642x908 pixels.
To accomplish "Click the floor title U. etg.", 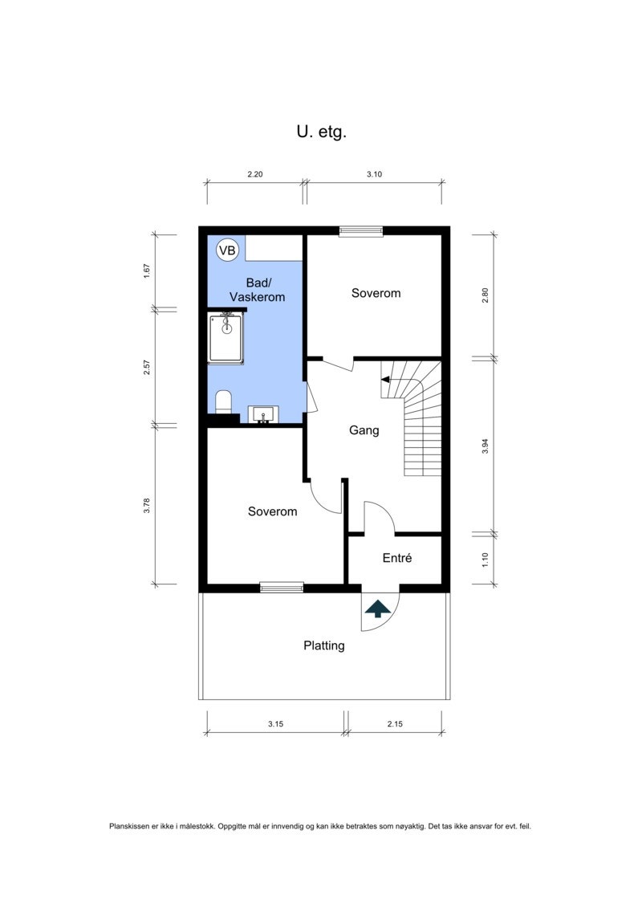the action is (321, 132).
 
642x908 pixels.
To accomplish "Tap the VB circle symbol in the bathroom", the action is (227, 250).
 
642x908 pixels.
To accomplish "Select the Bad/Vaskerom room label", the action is (258, 290).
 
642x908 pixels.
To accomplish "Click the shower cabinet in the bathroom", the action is (226, 338).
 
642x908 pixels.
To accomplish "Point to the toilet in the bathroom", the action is (223, 402).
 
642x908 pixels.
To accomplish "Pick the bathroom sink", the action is (263, 414).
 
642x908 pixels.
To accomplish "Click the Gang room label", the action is (364, 430).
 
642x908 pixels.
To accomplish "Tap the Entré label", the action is (397, 558).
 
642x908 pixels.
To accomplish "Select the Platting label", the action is (324, 645).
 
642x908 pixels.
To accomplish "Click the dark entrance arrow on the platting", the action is (377, 609).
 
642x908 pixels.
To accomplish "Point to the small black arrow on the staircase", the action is (385, 380).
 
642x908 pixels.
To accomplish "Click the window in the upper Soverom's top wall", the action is (361, 231).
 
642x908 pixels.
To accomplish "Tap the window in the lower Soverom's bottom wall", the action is (282, 588).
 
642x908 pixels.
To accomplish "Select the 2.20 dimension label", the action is (254, 174).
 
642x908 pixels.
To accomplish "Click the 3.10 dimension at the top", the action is (374, 174).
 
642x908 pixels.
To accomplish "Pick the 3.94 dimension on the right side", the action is (486, 446).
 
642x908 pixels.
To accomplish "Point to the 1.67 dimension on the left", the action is (147, 271).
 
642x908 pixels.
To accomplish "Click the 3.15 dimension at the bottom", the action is (275, 724).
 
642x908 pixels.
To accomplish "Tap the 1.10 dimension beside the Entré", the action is (486, 560).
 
